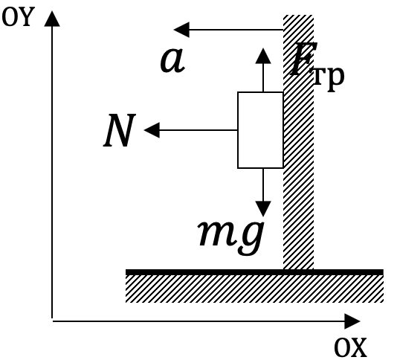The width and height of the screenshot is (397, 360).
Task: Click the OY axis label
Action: coord(18,16)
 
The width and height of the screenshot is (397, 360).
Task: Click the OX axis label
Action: coord(351,347)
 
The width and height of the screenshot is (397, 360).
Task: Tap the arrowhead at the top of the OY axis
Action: coord(52,19)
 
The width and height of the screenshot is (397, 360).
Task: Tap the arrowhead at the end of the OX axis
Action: coord(352,321)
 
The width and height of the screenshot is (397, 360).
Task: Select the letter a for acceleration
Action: coord(172,60)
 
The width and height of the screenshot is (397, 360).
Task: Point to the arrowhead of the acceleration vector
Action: coord(181,30)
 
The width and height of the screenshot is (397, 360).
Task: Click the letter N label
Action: coord(120,130)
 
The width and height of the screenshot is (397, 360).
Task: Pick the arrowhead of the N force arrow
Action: coord(152,130)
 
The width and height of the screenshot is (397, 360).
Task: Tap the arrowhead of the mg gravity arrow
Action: coord(263,209)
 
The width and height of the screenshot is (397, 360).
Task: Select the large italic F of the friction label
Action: coord(303,59)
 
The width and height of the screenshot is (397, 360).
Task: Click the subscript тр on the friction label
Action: coord(329,79)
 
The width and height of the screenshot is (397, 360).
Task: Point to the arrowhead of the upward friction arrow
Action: coord(263,56)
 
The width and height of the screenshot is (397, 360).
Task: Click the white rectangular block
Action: coord(260,130)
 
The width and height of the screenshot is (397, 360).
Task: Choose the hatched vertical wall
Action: coord(299,142)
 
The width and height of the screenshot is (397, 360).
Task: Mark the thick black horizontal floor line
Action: coord(254,272)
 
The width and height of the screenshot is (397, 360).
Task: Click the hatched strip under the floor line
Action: coord(254,289)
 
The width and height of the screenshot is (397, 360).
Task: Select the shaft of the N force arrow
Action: coord(198,130)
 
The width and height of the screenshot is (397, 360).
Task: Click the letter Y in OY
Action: coord(26,16)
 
